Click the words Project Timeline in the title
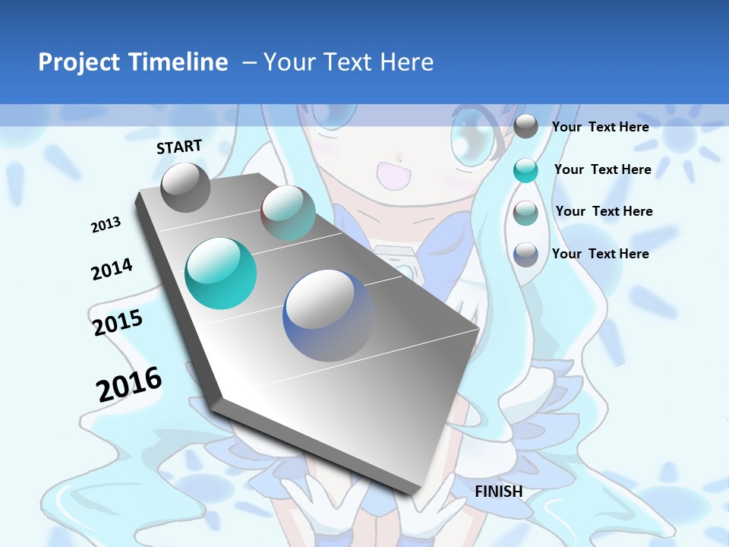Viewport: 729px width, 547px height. click(133, 62)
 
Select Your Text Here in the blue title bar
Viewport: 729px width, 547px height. click(349, 62)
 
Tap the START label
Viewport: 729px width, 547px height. click(179, 147)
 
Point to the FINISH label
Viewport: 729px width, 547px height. click(498, 492)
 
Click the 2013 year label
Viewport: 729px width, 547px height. click(106, 225)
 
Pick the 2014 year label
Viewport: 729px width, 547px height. click(112, 269)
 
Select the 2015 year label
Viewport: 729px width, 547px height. click(118, 322)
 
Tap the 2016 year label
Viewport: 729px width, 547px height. click(129, 384)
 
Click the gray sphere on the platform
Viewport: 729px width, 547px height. click(185, 187)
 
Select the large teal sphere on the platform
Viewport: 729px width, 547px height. click(221, 273)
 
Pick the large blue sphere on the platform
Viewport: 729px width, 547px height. click(329, 315)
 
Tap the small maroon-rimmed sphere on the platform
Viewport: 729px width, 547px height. click(288, 213)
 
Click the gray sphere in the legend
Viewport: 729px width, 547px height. click(525, 127)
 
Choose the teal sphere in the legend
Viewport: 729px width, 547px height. click(525, 170)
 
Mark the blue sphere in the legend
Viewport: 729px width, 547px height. click(525, 255)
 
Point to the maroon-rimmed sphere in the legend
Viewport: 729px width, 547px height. click(525, 212)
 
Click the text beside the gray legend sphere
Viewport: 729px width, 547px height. click(600, 127)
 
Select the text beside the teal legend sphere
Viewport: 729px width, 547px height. click(602, 169)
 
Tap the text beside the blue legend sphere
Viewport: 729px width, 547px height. click(600, 254)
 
